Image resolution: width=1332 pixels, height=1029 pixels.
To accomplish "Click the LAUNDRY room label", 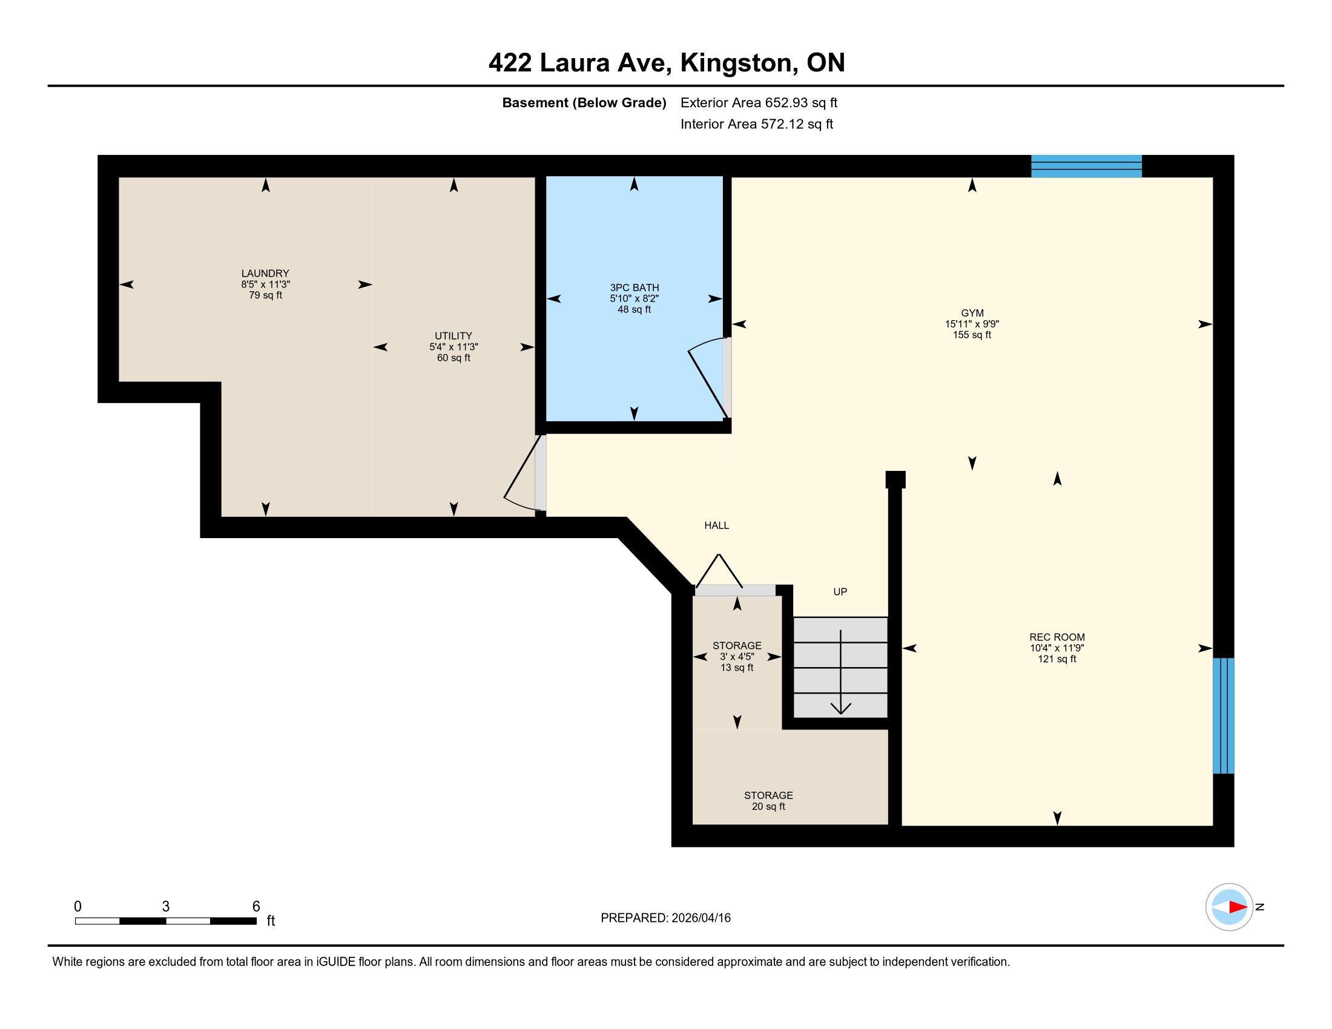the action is tap(265, 273).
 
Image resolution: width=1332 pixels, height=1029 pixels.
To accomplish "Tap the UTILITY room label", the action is tap(453, 336).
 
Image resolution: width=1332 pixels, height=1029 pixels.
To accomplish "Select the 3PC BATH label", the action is tap(635, 288).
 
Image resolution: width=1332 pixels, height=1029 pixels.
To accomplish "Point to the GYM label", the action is tap(972, 314).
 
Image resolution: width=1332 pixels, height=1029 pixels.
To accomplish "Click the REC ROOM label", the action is tap(1057, 637).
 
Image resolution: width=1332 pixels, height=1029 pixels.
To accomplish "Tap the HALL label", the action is tap(717, 525).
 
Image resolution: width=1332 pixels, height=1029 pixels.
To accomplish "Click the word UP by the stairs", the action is tap(840, 592).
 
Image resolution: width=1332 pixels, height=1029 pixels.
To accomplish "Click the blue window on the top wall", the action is tap(1086, 166).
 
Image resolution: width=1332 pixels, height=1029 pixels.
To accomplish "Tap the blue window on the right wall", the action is tap(1224, 715).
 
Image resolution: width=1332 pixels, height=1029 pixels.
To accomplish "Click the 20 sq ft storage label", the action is tap(768, 801).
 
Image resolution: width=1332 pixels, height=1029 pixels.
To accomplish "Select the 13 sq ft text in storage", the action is tap(737, 668).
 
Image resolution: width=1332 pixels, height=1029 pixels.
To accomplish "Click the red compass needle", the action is tap(1238, 907).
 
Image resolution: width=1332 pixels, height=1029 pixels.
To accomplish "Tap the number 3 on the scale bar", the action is tap(165, 907).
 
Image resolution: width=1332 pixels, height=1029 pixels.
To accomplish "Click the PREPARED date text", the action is tap(665, 918).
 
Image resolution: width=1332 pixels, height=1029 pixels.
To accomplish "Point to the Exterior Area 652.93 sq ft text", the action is tap(759, 103).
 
